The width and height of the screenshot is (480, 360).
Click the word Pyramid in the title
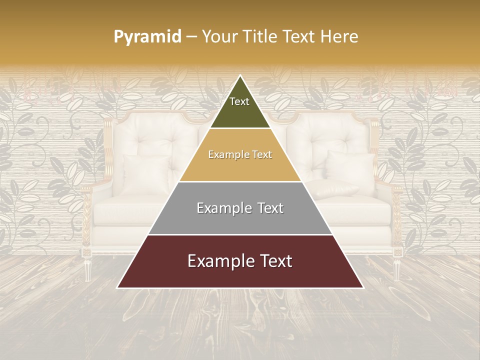coord(147,36)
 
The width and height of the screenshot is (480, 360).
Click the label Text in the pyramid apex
coord(239,101)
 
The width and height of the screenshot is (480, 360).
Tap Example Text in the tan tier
coord(240,154)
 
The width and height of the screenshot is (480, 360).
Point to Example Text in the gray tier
coord(240,208)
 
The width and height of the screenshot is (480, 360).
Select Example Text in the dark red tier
coord(240,261)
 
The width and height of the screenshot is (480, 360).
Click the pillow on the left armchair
coord(146,172)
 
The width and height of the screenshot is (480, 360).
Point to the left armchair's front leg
coord(87,267)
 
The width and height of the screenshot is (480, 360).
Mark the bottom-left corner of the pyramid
coord(117,288)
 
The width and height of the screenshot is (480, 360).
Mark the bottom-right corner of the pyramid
coord(363,288)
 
